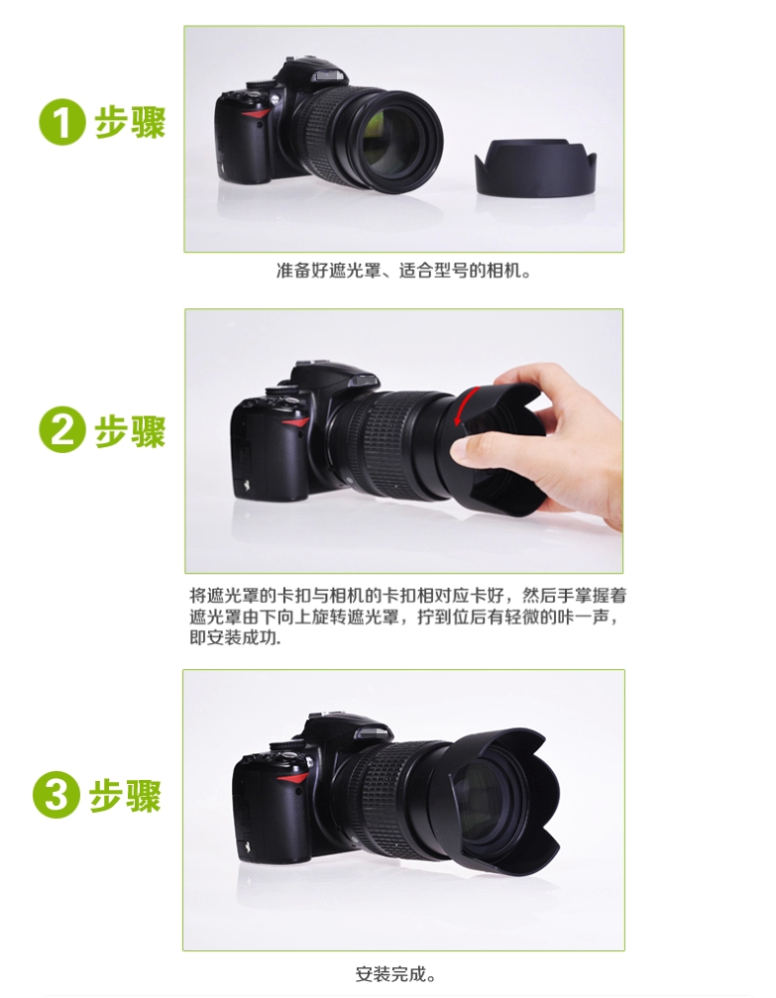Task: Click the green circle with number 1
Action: (x=61, y=122)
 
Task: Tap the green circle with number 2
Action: (x=61, y=429)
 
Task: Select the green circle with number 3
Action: (x=56, y=794)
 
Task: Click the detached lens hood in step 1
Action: (x=535, y=167)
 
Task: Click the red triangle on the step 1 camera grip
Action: (x=256, y=115)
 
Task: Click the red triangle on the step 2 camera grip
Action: (x=294, y=422)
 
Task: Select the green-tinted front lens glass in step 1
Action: (x=388, y=142)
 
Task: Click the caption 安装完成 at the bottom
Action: (x=394, y=974)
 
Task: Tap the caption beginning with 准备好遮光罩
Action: (x=402, y=271)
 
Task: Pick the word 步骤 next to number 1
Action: (x=131, y=122)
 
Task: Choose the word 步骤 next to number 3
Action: (x=125, y=795)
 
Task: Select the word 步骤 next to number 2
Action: (x=131, y=430)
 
